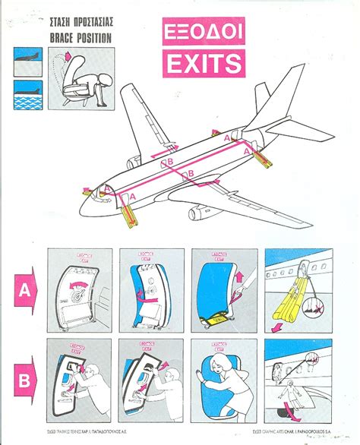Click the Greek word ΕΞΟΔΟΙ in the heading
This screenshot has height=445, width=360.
[x=202, y=34]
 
